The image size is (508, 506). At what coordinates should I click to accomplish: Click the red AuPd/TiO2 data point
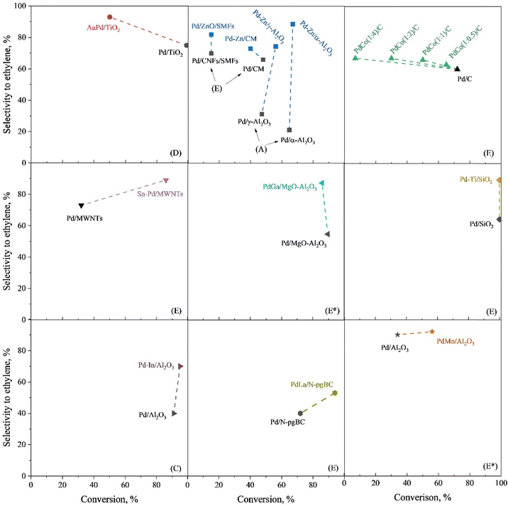click(109, 17)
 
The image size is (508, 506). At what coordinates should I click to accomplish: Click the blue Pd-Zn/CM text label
click(241, 38)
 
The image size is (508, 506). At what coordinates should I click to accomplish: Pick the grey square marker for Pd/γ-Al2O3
click(262, 114)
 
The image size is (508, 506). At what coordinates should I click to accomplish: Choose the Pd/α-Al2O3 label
click(297, 140)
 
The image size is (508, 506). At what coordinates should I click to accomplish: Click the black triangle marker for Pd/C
click(458, 68)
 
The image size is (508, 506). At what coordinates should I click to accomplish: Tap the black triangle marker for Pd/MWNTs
click(81, 206)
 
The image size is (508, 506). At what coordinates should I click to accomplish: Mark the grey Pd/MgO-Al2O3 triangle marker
click(327, 234)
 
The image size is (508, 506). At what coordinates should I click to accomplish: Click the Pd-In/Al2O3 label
click(156, 365)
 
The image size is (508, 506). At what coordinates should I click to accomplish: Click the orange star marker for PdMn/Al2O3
click(431, 331)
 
